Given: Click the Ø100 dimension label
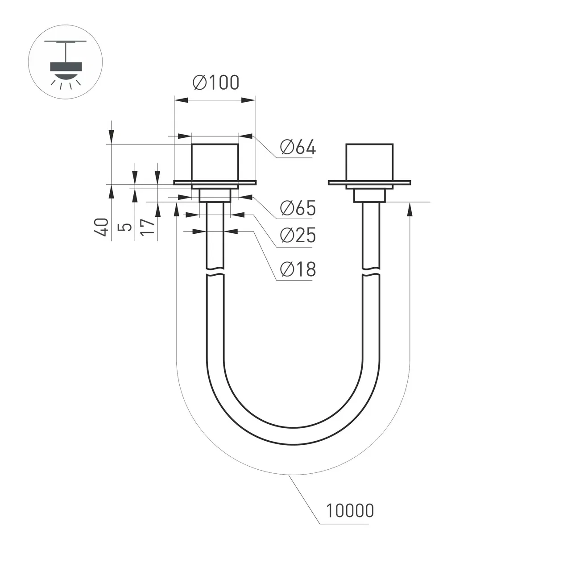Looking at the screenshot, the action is (x=216, y=83).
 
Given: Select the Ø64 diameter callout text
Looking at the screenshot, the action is (x=298, y=147).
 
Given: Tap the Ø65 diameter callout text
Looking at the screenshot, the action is (x=298, y=208).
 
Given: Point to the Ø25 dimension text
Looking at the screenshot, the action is (x=298, y=235).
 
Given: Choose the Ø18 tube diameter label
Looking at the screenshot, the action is (x=298, y=269).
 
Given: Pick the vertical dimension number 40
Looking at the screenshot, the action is (x=101, y=227).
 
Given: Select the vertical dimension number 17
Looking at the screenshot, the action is (x=148, y=227).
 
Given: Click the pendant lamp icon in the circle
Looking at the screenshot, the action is (x=66, y=64).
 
